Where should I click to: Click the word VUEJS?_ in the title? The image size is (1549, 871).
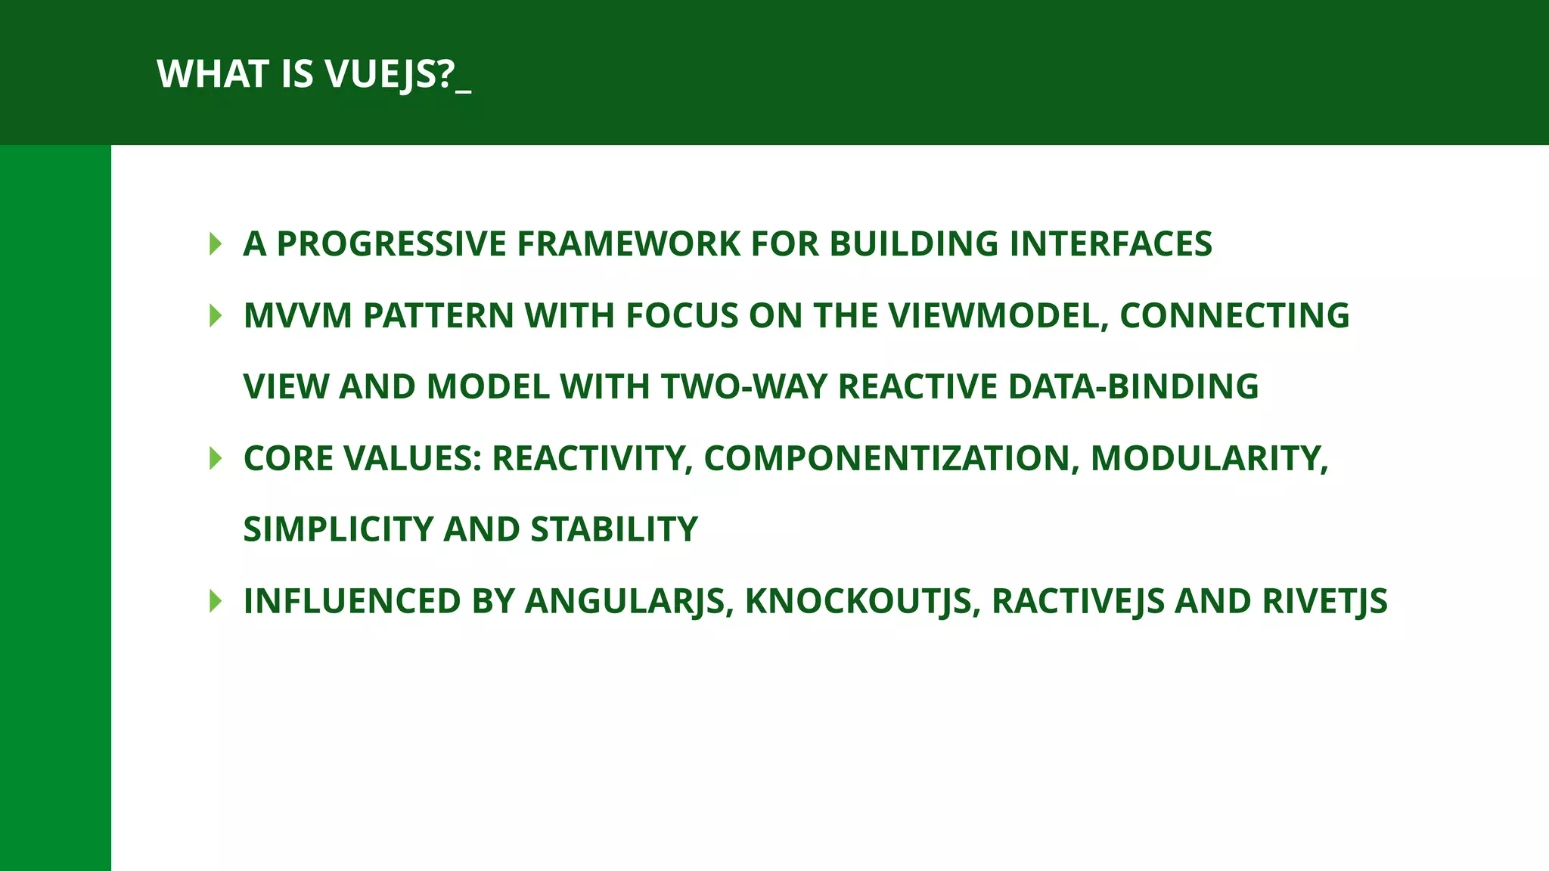coord(398,74)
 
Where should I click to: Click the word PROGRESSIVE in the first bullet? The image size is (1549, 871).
coord(392,243)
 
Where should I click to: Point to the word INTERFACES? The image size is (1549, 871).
coord(1110,243)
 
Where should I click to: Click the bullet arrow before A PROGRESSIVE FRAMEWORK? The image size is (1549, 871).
coord(216,243)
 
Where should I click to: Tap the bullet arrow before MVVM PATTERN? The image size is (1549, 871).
coord(216,315)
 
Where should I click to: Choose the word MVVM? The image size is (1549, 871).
coord(297,315)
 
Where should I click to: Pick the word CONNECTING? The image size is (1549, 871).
coord(1234,315)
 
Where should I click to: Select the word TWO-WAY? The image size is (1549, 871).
coord(744,386)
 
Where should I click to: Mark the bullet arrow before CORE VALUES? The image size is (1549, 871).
coord(216,458)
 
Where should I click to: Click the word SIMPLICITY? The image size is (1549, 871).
coord(338,529)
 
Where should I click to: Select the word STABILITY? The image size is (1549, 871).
coord(614,529)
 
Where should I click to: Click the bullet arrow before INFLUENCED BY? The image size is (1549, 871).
coord(216,601)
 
